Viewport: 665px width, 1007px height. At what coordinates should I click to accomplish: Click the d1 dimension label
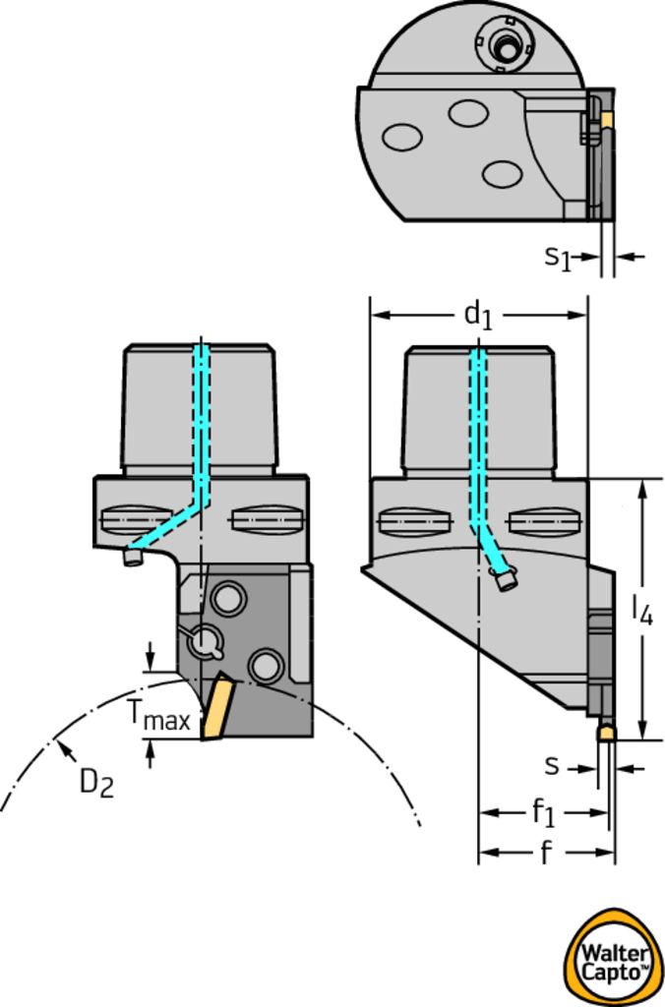[x=477, y=315]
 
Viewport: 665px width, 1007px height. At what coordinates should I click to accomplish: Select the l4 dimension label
[x=641, y=611]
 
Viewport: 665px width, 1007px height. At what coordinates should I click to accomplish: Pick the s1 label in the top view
[x=558, y=258]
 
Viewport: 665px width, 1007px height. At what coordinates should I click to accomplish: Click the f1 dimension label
[x=543, y=812]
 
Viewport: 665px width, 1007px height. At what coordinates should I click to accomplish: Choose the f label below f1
[x=545, y=853]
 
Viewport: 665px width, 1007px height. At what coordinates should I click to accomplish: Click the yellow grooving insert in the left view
[x=214, y=708]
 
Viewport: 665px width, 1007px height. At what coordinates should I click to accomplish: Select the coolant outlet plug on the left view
[x=133, y=558]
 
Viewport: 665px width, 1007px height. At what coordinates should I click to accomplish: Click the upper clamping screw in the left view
[x=229, y=596]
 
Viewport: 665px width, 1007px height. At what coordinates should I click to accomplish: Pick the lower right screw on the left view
[x=266, y=666]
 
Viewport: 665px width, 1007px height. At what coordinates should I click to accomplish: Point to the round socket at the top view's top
[x=506, y=45]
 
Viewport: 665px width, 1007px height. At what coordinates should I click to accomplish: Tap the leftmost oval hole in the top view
[x=402, y=137]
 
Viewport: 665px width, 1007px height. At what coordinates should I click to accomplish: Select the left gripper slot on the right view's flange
[x=414, y=521]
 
